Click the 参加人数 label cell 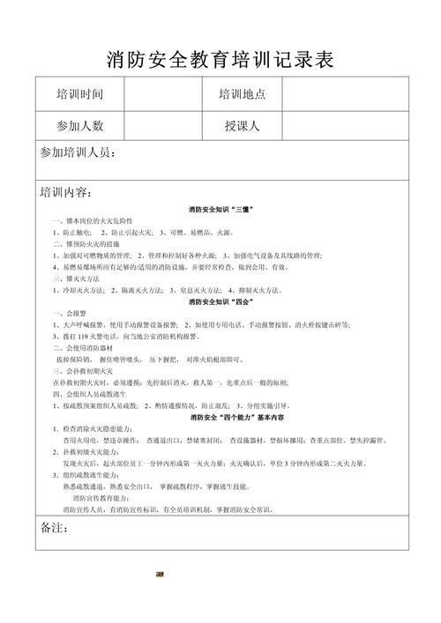(x=79, y=125)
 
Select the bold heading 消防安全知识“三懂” (x=220, y=209)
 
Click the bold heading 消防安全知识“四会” (x=220, y=301)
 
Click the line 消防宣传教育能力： (x=104, y=498)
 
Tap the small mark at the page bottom (x=159, y=573)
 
